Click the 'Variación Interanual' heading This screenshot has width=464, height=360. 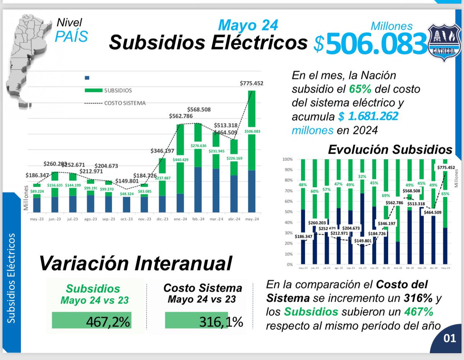click(x=135, y=263)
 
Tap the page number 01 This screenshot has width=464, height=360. click(x=450, y=339)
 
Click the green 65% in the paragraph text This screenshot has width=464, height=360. click(x=360, y=89)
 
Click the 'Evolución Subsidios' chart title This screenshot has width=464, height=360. click(x=390, y=149)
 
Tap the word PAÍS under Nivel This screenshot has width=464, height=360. click(x=71, y=36)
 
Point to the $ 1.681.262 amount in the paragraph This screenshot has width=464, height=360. click(x=368, y=116)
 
